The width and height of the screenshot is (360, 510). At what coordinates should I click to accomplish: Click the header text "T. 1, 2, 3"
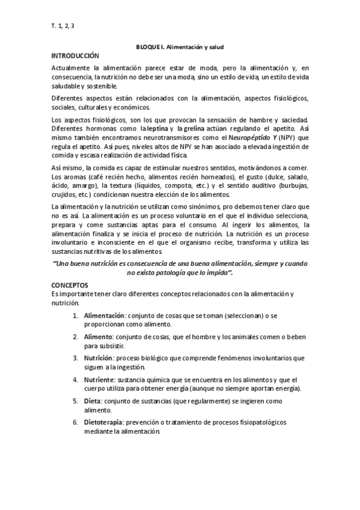coord(63,25)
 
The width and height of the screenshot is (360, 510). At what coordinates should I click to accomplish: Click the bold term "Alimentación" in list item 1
coord(103,315)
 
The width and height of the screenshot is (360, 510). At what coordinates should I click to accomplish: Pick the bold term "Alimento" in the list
coord(98,337)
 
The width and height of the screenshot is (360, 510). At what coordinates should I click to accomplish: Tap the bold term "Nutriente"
coord(99,380)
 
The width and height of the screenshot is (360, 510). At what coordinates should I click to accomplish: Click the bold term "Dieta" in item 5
coord(93,402)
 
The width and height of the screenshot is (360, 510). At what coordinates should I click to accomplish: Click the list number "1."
coord(75,315)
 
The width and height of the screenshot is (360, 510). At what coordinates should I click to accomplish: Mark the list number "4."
coord(75,380)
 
